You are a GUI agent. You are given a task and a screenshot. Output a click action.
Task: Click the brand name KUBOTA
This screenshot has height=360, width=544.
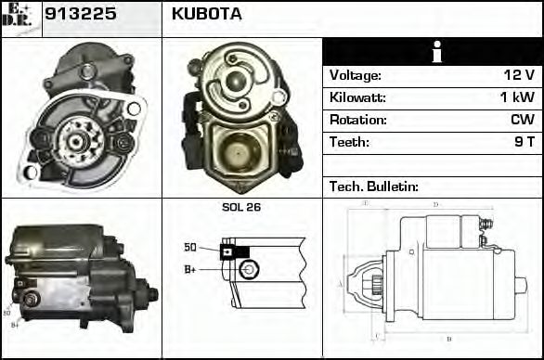(x=206, y=15)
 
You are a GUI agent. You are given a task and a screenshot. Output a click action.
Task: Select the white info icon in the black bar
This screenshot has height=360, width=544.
(x=432, y=52)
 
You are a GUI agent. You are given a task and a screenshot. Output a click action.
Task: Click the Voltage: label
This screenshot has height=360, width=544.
(x=356, y=75)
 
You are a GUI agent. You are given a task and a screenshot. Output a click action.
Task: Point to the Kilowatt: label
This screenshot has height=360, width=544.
(x=357, y=97)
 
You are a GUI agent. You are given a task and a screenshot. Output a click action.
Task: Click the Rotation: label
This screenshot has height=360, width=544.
(x=356, y=120)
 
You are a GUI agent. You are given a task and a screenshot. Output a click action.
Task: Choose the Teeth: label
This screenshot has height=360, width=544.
(x=349, y=142)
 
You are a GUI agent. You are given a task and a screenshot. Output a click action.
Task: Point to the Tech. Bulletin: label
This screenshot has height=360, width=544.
(x=374, y=186)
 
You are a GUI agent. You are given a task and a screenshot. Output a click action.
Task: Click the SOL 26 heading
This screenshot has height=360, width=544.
(x=241, y=207)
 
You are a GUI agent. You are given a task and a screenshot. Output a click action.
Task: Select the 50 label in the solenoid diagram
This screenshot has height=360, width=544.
(x=190, y=248)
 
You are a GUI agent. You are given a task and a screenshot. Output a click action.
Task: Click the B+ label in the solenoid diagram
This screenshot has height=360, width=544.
(x=190, y=269)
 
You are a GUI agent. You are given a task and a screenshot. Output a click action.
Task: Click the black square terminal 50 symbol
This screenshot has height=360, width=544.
(x=227, y=251)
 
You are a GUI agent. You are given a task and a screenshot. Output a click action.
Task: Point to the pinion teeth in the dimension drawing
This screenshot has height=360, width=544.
(x=377, y=282)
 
